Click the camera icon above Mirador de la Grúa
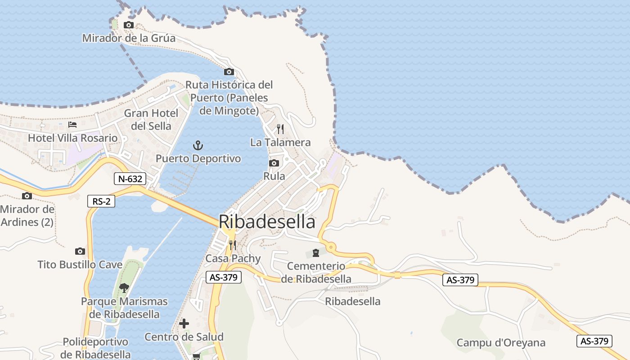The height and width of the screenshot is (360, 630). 129,25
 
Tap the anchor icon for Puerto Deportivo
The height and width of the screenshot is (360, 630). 198,145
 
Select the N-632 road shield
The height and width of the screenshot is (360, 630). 130,179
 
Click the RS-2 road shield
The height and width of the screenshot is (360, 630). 101,201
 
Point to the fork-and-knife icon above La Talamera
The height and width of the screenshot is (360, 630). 280,129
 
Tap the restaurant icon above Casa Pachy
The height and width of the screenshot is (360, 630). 233,245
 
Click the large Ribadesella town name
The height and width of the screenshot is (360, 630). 267,222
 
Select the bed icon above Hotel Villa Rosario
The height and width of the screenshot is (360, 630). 72,125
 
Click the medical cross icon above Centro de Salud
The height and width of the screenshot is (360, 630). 184,324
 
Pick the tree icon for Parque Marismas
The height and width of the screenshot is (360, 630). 124,288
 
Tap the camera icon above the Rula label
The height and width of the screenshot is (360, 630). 274,163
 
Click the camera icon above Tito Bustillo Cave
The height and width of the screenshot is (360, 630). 80,251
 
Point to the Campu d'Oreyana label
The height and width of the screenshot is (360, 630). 501,343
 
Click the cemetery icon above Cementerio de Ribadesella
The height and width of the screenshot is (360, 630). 316,253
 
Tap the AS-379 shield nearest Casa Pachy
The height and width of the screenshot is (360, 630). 224,277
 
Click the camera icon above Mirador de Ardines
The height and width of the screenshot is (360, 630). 27,196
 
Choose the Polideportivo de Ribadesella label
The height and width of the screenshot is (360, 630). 95,348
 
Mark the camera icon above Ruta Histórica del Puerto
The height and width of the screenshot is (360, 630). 229,72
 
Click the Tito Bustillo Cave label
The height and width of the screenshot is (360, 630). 80,265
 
